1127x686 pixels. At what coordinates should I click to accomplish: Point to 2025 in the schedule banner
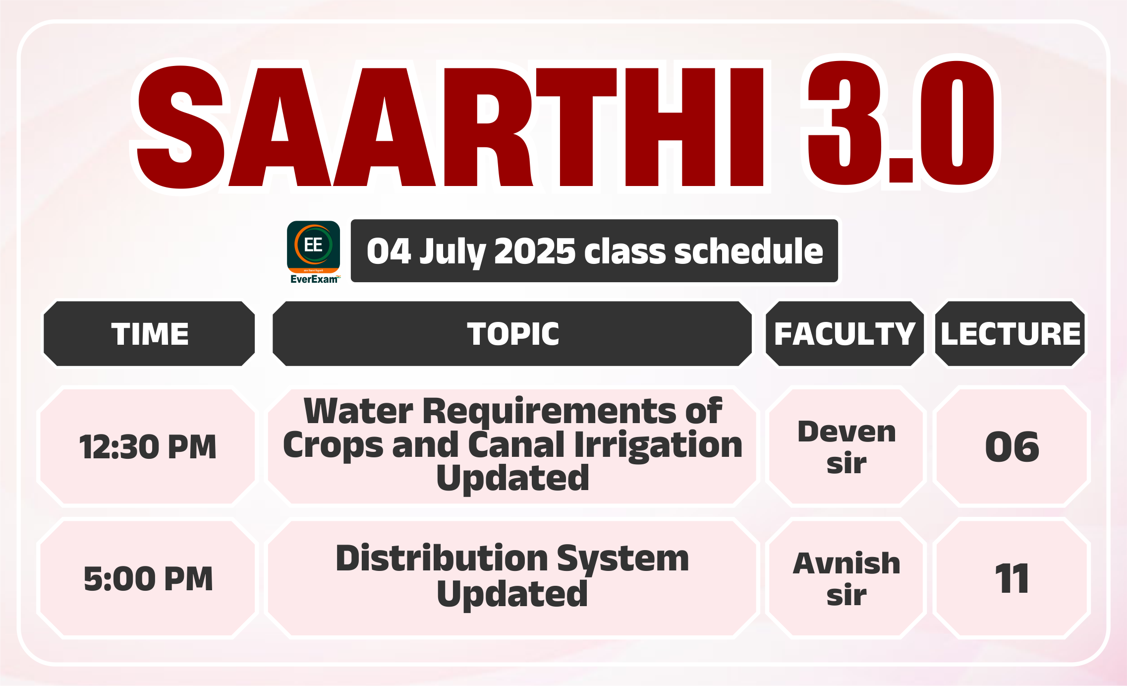[x=535, y=251]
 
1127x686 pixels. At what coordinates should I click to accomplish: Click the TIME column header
[x=150, y=334]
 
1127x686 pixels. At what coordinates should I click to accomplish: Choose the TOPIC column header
[x=512, y=334]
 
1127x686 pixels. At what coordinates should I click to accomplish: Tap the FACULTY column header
[x=845, y=334]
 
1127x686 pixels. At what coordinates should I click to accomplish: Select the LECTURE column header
[x=1011, y=334]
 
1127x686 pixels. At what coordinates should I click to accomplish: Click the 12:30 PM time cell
[x=148, y=446]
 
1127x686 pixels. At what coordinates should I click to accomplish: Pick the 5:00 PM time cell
[x=148, y=578]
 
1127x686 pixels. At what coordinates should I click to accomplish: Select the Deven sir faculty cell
[x=846, y=446]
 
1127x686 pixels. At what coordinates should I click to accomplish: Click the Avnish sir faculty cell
[x=846, y=578]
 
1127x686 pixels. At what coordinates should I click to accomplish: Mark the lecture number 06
[x=1012, y=447]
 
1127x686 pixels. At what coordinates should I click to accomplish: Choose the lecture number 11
[x=1012, y=578]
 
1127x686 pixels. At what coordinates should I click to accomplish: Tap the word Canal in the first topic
[x=516, y=444]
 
